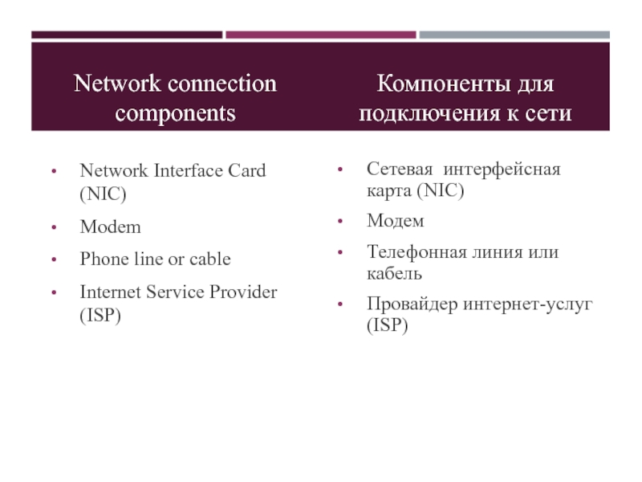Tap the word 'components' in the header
(175, 113)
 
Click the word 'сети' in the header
(550, 113)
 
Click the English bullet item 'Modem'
(110, 227)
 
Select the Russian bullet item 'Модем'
(396, 220)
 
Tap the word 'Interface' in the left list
(183, 170)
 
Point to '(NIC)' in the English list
(104, 194)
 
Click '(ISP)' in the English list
(101, 316)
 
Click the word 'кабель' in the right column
(395, 274)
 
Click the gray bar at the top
(514, 35)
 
